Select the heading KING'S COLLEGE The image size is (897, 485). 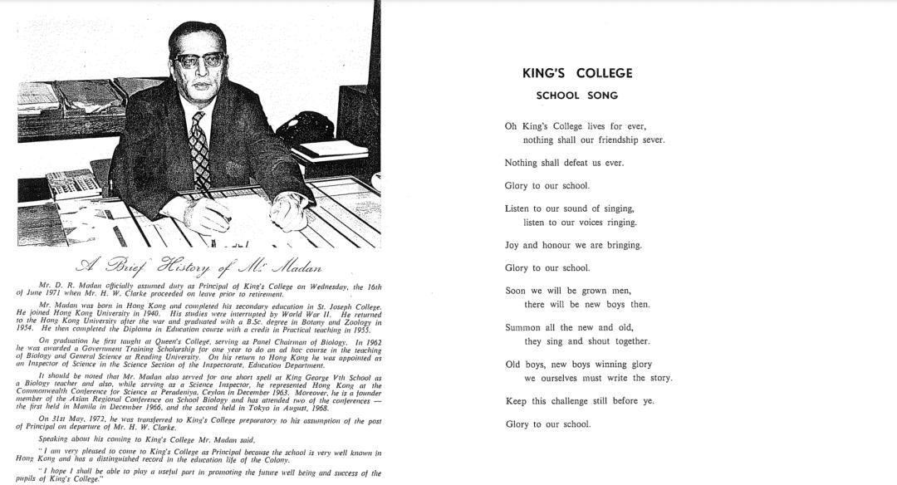coord(577,73)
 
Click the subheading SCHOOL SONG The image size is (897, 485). coord(577,96)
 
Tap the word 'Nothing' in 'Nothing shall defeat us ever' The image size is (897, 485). coord(521,163)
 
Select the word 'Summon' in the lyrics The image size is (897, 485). coord(523,328)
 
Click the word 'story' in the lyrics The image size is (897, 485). coord(659,379)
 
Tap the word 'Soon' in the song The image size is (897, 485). coord(516,291)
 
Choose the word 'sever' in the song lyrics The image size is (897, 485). coord(653,140)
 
